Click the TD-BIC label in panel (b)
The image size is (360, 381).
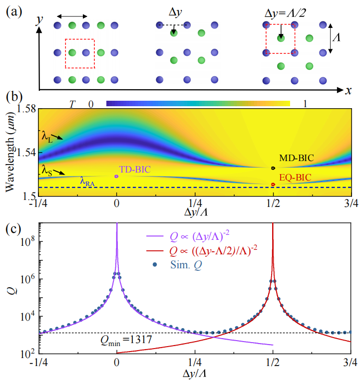[134, 169]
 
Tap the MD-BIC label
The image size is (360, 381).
[297, 159]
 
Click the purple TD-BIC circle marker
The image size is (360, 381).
[116, 176]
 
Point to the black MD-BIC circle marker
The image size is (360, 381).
[273, 168]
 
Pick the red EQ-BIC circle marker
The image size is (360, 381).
[273, 185]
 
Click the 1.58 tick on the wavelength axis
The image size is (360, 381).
[24, 109]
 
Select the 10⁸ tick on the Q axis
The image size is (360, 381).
[26, 242]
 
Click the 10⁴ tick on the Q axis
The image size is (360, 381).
[26, 316]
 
